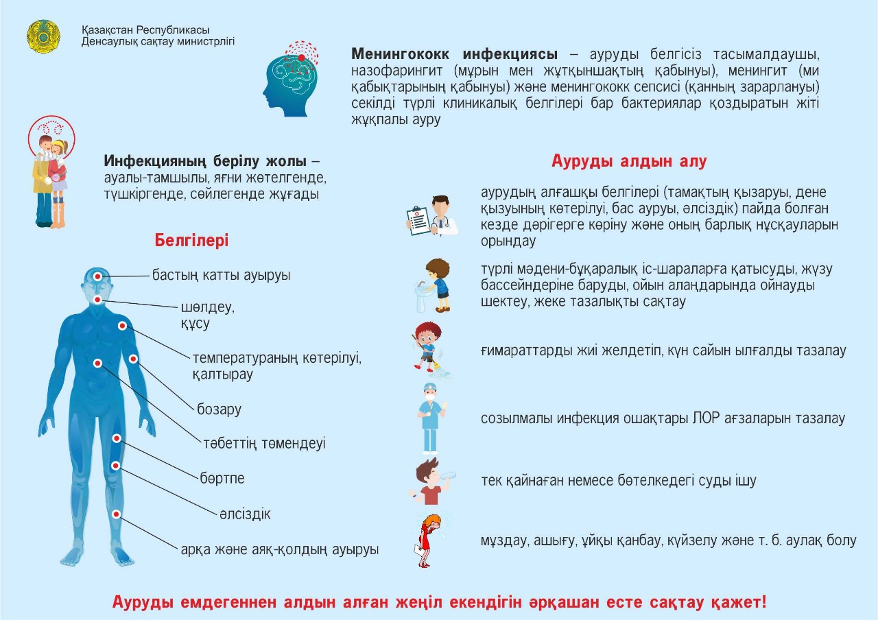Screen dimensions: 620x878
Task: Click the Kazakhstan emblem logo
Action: point(43,36)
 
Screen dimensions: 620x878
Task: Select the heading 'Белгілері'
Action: point(191,241)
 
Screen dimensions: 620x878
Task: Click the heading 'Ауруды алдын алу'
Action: point(629,161)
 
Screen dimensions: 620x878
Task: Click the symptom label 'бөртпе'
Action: point(222,478)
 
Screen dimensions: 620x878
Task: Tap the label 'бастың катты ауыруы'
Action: point(222,276)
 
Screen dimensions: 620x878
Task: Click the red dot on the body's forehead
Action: point(98,276)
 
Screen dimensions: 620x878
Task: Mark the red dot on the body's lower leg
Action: point(117,514)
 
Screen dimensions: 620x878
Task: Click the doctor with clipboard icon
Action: point(433,215)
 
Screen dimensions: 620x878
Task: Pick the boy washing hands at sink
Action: point(433,287)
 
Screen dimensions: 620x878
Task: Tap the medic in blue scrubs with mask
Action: point(431,417)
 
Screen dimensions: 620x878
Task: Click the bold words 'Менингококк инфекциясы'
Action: point(454,54)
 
